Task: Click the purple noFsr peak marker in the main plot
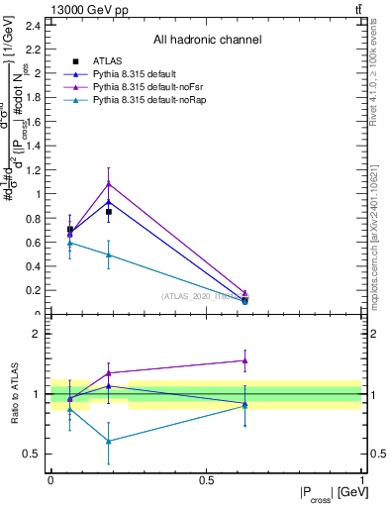click(x=109, y=183)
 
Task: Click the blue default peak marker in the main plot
click(x=109, y=202)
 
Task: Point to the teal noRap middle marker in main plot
click(x=109, y=255)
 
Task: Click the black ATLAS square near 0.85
click(x=109, y=212)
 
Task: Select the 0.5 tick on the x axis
click(x=206, y=479)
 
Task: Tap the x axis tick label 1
click(x=361, y=479)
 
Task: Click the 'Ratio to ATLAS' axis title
click(x=14, y=396)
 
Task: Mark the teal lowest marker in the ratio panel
click(x=109, y=442)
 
